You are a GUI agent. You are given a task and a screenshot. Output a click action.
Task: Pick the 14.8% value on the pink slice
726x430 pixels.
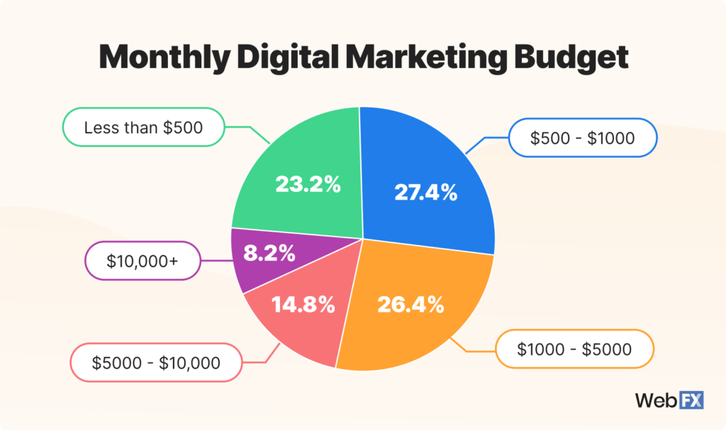coord(303,305)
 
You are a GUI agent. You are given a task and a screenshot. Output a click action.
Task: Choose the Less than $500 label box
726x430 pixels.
coord(143,128)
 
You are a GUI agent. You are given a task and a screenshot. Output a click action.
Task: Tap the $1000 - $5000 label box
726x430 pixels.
coord(574,349)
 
